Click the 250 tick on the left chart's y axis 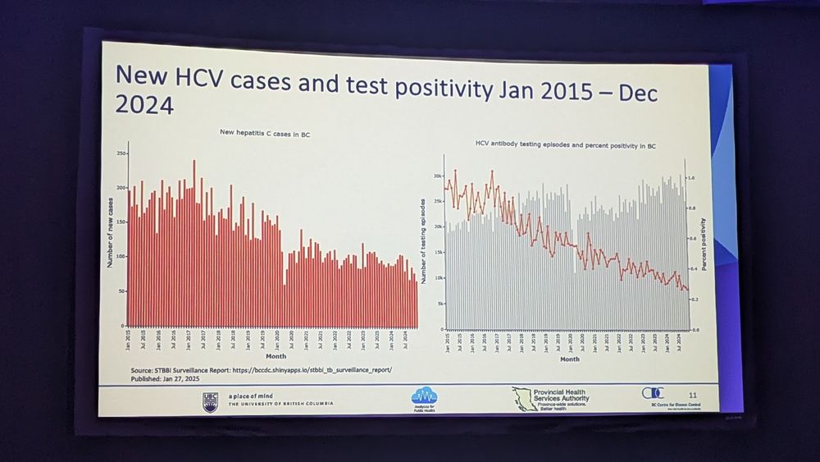[121, 153]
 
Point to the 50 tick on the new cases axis [121, 291]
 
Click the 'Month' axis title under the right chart [569, 359]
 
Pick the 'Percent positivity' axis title [704, 244]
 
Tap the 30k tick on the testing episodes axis [438, 176]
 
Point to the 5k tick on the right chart [440, 304]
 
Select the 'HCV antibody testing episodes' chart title [566, 145]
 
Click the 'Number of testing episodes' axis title [424, 241]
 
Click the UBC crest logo [210, 400]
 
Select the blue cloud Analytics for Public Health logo [424, 396]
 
